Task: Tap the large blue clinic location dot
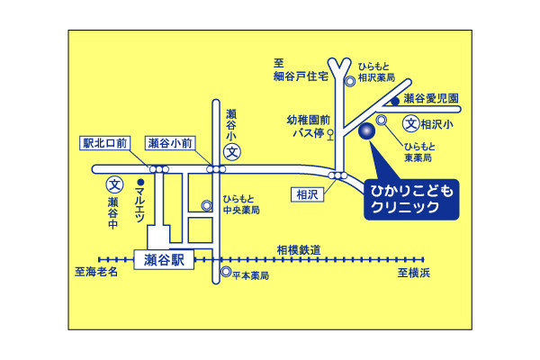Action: [x=366, y=132]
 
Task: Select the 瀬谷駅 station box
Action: [x=163, y=260]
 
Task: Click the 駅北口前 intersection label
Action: [x=106, y=143]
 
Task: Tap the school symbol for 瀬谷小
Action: [x=231, y=152]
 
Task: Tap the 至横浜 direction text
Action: [x=415, y=272]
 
